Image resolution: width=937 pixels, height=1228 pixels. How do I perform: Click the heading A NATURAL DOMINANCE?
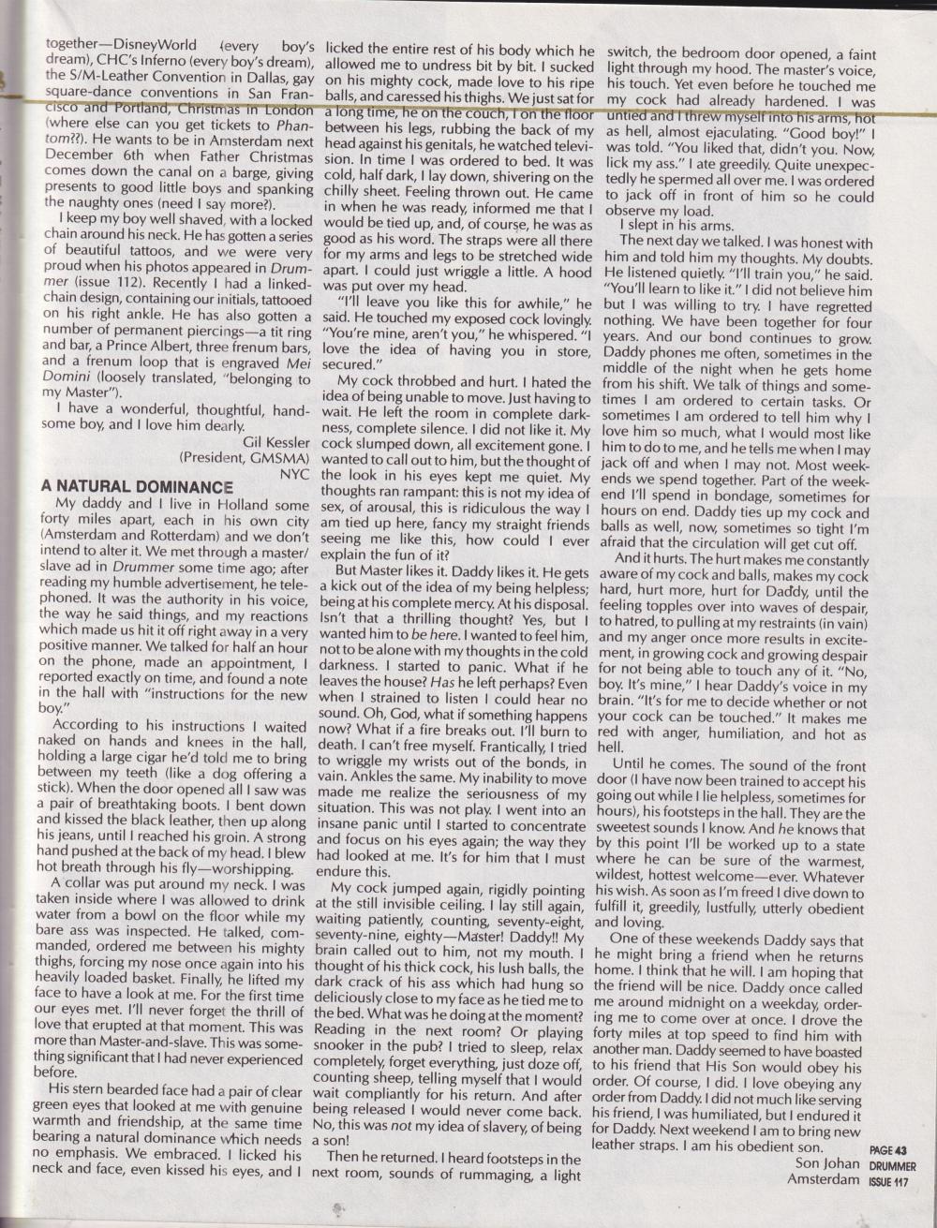[x=137, y=487]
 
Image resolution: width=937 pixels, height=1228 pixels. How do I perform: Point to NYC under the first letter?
[x=294, y=474]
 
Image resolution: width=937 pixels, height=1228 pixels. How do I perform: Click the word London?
[x=285, y=110]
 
